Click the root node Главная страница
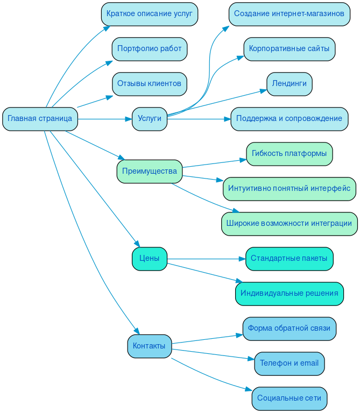(40, 119)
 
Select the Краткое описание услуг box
(149, 14)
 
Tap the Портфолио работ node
(149, 49)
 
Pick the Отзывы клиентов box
(149, 84)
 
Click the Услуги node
(149, 119)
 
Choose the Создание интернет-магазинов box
(289, 14)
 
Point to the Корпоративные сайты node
(289, 49)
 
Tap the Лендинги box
(289, 84)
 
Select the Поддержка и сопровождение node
(289, 119)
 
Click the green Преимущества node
(149, 172)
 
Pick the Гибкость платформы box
(289, 154)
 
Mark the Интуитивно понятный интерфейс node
(289, 189)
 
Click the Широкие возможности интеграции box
(289, 224)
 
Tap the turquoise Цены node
(149, 259)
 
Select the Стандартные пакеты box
(289, 259)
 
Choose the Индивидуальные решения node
(289, 294)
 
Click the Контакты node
(149, 346)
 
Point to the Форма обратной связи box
(289, 329)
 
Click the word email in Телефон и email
(309, 364)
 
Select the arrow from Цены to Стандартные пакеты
(204, 259)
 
